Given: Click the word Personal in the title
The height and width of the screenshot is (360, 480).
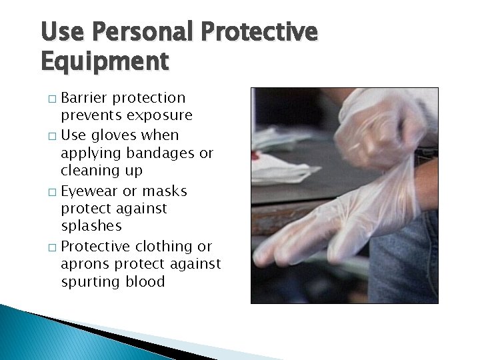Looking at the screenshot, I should (143, 33).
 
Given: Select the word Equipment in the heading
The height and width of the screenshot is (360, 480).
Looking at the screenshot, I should (105, 61).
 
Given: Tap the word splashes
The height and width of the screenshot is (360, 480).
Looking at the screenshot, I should (92, 227).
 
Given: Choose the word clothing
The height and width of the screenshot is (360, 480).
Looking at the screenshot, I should (167, 247).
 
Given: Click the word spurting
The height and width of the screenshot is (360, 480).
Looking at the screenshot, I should (89, 282).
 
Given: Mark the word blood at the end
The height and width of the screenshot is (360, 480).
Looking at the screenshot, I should (143, 281).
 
